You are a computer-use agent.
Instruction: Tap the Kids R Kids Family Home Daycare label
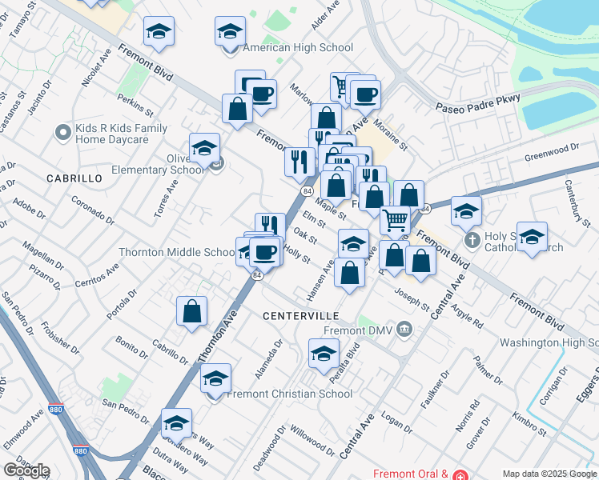(x=121, y=134)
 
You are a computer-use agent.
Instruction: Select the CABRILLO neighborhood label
(x=74, y=178)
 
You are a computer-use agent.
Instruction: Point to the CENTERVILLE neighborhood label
(x=301, y=316)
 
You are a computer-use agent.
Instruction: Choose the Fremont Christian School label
(x=289, y=394)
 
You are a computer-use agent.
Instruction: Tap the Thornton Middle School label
(x=176, y=252)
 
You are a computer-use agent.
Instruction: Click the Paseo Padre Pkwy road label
(x=478, y=102)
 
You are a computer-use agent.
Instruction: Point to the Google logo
(x=26, y=470)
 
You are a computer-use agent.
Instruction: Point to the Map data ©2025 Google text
(x=549, y=474)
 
